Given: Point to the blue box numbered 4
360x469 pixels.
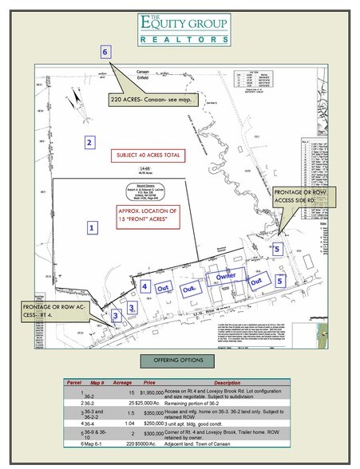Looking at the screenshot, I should [146, 285].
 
